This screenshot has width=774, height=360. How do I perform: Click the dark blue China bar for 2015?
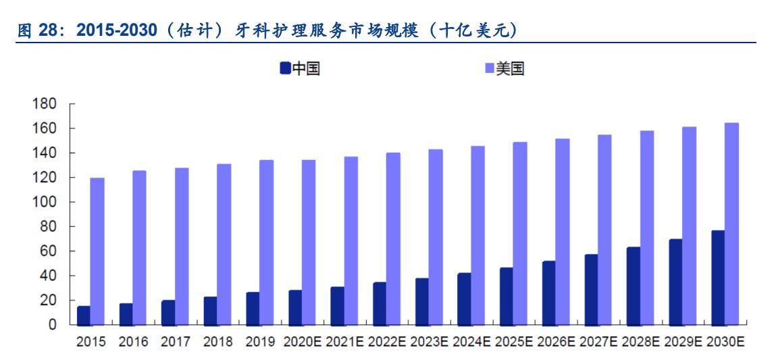(x=84, y=315)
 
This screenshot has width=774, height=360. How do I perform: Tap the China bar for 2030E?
(x=717, y=278)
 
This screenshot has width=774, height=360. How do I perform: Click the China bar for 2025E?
(x=506, y=297)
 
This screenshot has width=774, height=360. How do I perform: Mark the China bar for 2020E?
(x=295, y=307)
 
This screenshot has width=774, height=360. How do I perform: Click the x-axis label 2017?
(x=175, y=342)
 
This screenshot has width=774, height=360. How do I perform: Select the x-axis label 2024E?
(x=470, y=342)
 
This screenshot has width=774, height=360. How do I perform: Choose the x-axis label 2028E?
(x=640, y=342)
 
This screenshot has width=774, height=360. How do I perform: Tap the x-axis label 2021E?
(x=344, y=342)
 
